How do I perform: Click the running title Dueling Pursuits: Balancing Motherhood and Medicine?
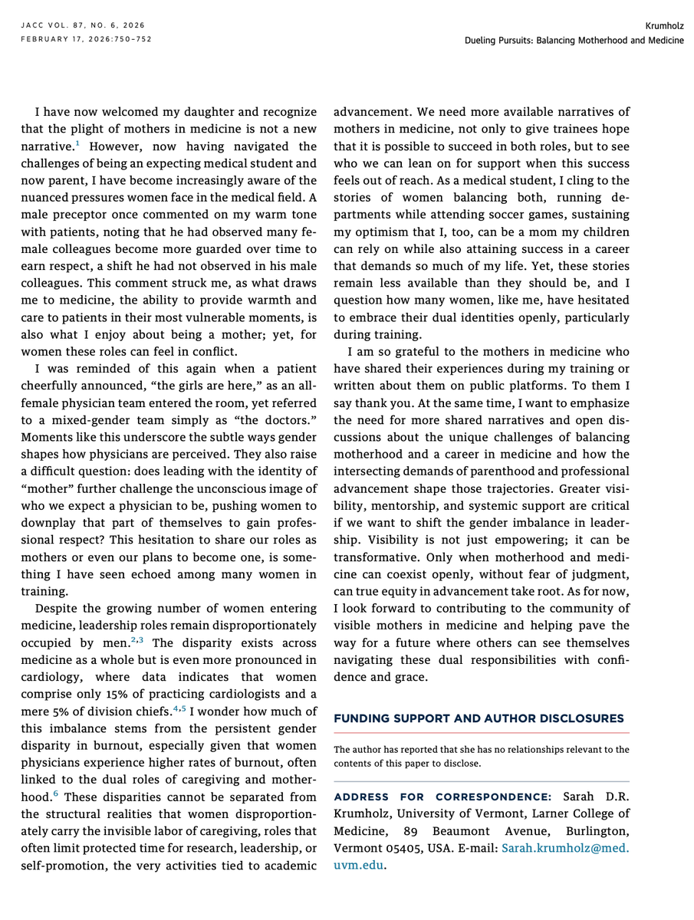pos(574,39)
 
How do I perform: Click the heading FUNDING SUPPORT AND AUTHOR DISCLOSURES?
pos(479,718)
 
